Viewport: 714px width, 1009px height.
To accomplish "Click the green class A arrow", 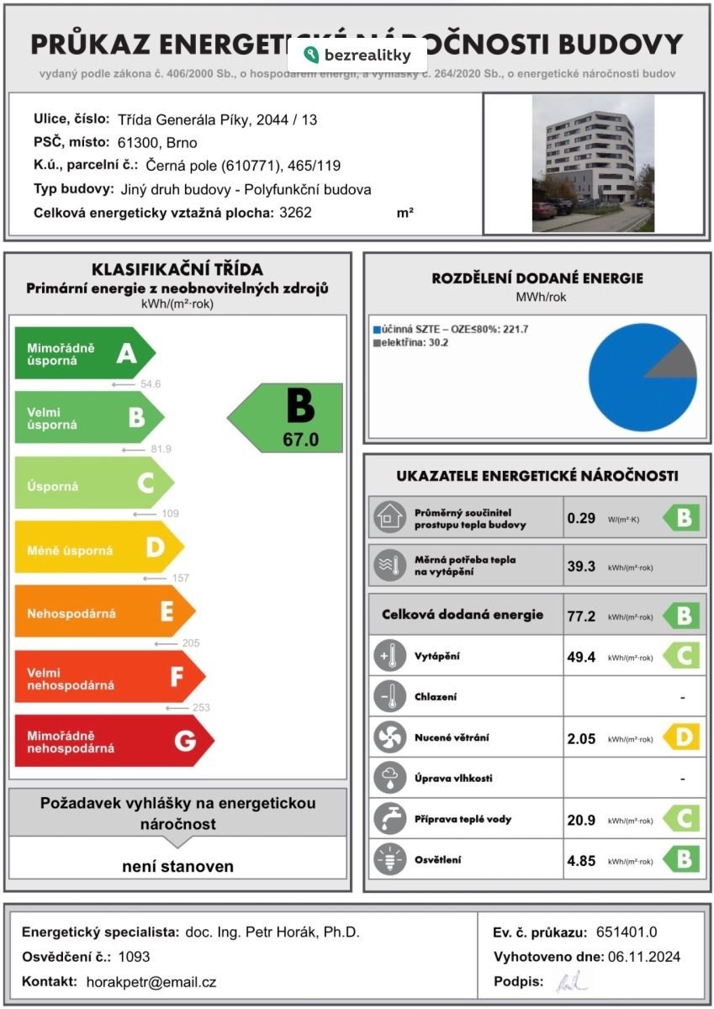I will click(84, 354).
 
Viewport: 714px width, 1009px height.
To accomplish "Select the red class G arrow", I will click(113, 741).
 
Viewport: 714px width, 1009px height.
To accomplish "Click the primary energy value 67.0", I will click(300, 439).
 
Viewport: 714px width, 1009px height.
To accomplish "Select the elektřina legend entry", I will click(411, 342).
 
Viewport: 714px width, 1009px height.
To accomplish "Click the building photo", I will click(593, 163).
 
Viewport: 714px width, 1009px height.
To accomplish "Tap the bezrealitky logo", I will click(357, 55).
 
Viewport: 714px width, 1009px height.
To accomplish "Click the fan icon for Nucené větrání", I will click(389, 737).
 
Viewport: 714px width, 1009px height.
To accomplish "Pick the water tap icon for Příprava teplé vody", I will click(389, 819).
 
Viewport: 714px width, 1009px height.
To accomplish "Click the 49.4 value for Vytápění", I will click(581, 657).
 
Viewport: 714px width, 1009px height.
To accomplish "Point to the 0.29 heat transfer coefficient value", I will click(581, 518).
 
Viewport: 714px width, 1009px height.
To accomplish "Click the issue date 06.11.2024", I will click(644, 956).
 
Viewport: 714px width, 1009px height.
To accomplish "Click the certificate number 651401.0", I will click(627, 932).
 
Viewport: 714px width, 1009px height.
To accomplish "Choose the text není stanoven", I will click(177, 866).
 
